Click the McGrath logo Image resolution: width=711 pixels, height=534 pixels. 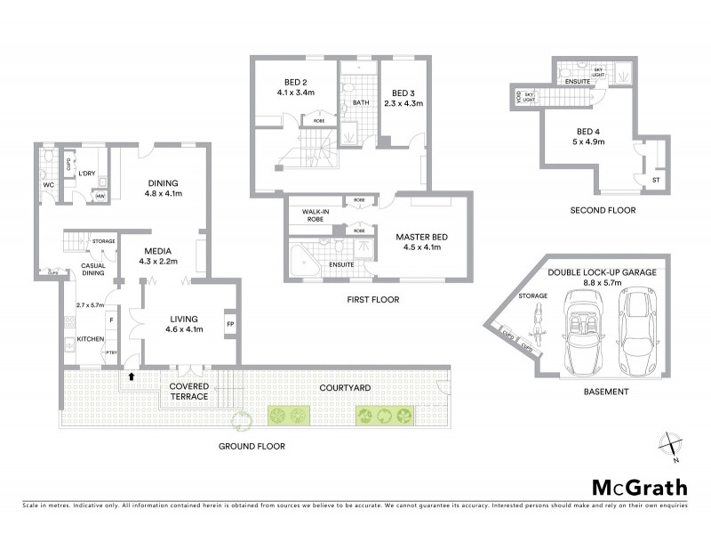(x=639, y=487)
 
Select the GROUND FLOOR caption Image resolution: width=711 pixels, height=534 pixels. (x=253, y=447)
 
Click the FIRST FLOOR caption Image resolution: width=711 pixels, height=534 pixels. (x=372, y=300)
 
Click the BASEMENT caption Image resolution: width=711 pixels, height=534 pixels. (x=606, y=392)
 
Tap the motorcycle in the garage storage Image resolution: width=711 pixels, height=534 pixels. (x=538, y=318)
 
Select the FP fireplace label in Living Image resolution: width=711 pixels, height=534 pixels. (x=230, y=323)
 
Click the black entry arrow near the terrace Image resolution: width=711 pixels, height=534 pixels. (x=132, y=377)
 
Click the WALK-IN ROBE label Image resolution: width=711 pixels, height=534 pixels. (x=316, y=214)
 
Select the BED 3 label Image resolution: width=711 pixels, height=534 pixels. (x=403, y=93)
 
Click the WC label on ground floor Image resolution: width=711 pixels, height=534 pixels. (x=49, y=185)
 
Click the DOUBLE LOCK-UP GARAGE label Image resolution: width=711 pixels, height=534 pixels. (x=602, y=272)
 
